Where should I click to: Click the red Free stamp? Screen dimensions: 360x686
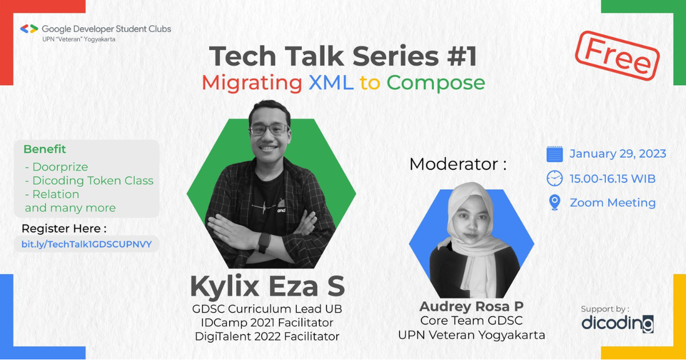617,55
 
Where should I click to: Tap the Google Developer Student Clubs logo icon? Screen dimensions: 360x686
29,29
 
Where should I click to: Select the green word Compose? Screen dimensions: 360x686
436,83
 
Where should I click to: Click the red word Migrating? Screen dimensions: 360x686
252,83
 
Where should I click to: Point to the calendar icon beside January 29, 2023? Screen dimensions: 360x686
555,154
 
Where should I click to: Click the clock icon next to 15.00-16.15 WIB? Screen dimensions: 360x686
555,178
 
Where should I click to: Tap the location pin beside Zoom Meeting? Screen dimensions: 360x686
554,203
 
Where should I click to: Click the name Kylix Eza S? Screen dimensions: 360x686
268,286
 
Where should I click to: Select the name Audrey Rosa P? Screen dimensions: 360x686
471,306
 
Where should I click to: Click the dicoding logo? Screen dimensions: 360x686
617,323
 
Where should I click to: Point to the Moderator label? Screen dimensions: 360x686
458,165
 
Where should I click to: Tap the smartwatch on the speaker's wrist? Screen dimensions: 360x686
264,243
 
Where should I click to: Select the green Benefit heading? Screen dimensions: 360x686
45,149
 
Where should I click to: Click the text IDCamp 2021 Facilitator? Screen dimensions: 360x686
267,323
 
